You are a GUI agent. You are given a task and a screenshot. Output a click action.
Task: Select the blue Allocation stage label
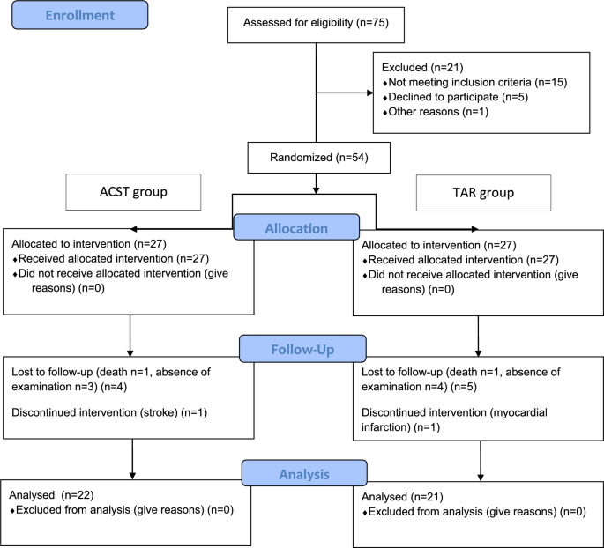(x=295, y=227)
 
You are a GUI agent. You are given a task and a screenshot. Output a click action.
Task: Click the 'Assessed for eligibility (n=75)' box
(x=315, y=25)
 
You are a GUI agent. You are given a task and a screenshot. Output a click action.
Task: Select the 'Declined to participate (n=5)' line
(x=447, y=97)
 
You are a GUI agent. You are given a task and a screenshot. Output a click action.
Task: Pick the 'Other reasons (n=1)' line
(x=427, y=112)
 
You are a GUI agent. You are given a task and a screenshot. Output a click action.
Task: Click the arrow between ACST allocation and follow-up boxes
(x=130, y=337)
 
